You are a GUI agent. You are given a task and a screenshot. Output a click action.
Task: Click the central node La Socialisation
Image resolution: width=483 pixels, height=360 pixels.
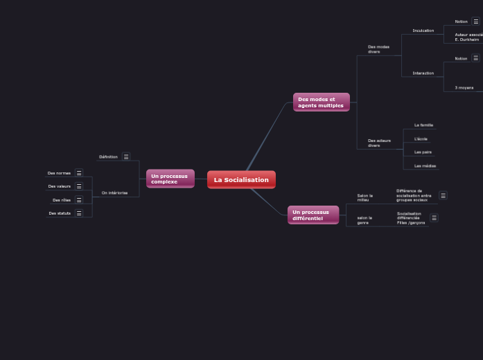tap(241, 180)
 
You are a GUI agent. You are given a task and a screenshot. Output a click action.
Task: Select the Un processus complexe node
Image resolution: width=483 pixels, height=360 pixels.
tap(170, 179)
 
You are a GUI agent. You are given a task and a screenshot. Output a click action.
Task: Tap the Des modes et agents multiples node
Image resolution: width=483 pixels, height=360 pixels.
tap(321, 102)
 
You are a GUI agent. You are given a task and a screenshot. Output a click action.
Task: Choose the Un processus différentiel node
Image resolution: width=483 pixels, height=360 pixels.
tap(313, 215)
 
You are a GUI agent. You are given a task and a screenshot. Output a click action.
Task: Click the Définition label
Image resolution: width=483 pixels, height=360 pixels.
tap(108, 157)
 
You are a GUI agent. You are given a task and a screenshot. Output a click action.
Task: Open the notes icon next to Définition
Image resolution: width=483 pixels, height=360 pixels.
tap(126, 156)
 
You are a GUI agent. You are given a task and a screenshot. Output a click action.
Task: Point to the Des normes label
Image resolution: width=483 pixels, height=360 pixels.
tap(59, 173)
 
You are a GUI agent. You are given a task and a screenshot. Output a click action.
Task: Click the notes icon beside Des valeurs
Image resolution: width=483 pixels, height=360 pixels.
tap(79, 186)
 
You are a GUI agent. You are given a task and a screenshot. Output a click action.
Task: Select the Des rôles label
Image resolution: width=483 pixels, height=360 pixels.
tap(62, 200)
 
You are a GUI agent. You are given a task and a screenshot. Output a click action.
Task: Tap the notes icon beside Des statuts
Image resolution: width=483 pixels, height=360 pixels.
tap(79, 213)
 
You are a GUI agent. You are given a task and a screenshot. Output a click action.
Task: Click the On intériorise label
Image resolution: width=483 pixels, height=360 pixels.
tap(114, 193)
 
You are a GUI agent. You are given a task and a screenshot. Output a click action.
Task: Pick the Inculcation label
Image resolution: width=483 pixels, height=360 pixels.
tap(423, 30)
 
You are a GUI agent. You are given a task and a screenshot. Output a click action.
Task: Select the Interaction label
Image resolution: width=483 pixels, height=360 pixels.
tap(423, 73)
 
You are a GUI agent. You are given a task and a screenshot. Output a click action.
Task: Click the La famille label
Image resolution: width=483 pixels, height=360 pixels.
tap(423, 125)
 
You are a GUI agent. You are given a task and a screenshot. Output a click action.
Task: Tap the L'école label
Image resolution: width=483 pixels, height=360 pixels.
tap(421, 139)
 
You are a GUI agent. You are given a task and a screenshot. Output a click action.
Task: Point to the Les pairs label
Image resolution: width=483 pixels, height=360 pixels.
tap(423, 152)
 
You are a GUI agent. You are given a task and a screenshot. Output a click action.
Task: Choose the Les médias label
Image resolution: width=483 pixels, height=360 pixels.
tap(425, 166)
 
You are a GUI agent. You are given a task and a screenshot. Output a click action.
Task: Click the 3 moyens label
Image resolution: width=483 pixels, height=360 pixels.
tap(464, 88)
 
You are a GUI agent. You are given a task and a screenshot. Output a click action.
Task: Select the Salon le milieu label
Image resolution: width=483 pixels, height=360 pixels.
tap(365, 198)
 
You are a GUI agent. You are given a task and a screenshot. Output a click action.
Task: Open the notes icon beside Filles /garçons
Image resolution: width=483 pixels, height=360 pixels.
tap(434, 218)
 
